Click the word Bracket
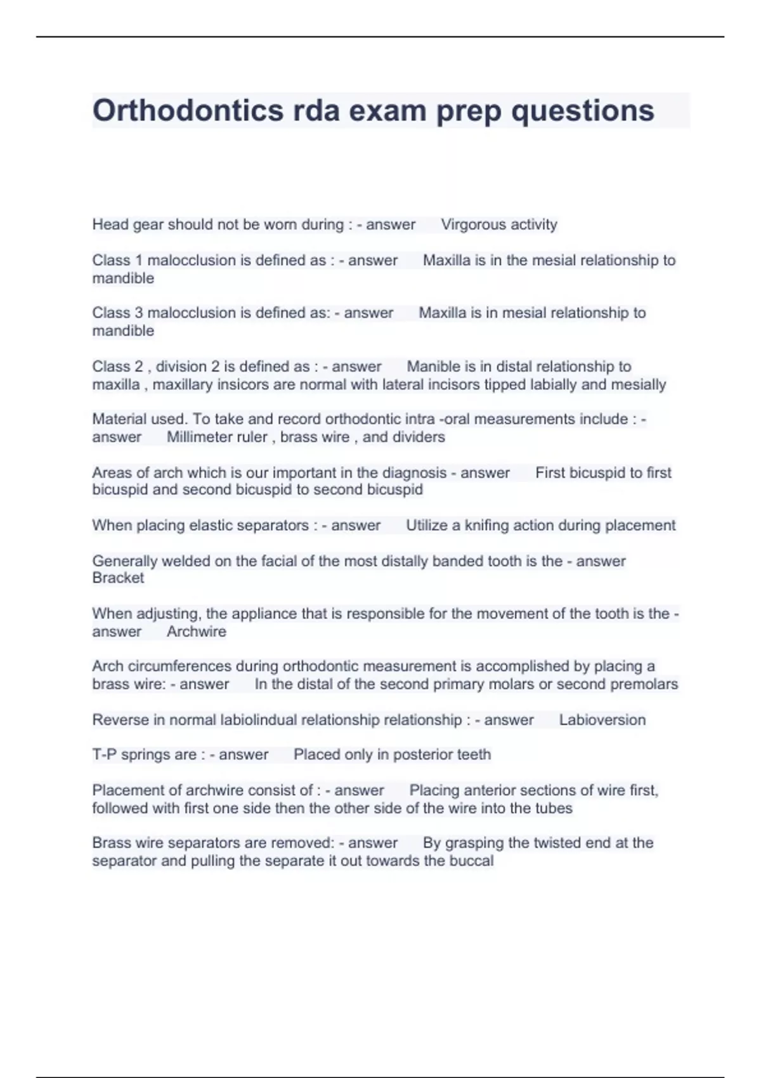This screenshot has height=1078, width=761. pos(118,578)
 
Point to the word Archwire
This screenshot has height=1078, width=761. pos(196,632)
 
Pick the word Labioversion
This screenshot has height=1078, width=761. pos(602,720)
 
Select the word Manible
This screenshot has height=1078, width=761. pos(433,367)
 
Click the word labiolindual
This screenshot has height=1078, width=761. pos(258,720)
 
